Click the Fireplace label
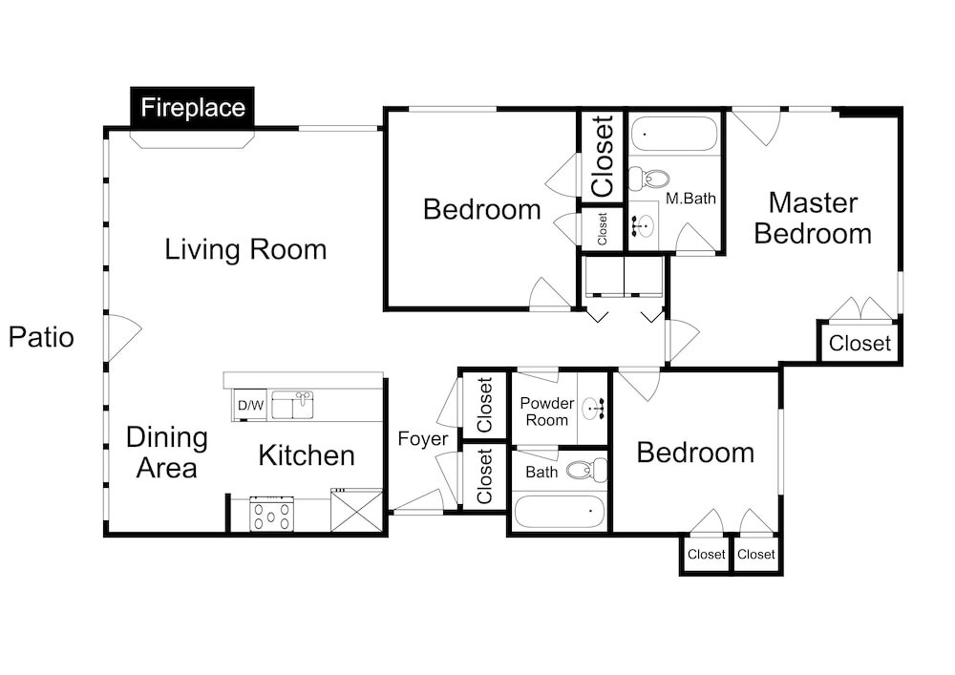pyautogui.click(x=193, y=108)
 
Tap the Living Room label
pyautogui.click(x=245, y=249)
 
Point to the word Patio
pyautogui.click(x=41, y=337)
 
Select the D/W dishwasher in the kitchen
pyautogui.click(x=250, y=405)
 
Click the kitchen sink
pyautogui.click(x=292, y=406)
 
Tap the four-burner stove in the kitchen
pyautogui.click(x=271, y=515)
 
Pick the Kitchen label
pyautogui.click(x=307, y=455)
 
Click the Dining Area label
pyautogui.click(x=167, y=453)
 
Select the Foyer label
pyautogui.click(x=423, y=438)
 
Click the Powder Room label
pyautogui.click(x=547, y=411)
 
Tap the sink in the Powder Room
pyautogui.click(x=593, y=409)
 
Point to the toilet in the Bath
pyautogui.click(x=586, y=470)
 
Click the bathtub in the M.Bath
pyautogui.click(x=674, y=134)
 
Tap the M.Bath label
pyautogui.click(x=690, y=199)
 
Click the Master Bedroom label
pyautogui.click(x=813, y=218)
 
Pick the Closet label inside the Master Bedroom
pyautogui.click(x=859, y=344)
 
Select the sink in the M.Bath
pyautogui.click(x=641, y=225)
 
